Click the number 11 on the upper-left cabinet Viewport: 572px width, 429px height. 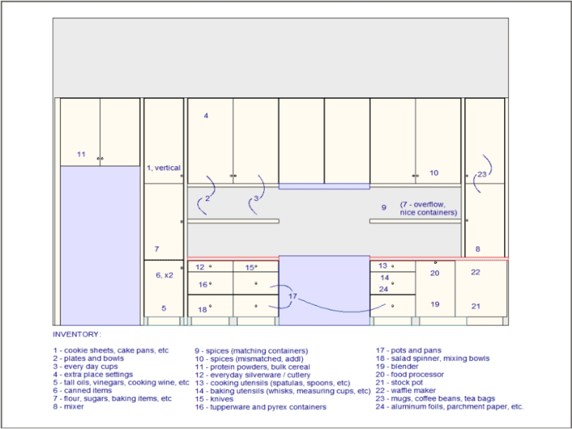click(81, 155)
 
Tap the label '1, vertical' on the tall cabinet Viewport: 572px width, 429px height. click(164, 168)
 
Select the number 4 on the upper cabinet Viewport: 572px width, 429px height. click(206, 116)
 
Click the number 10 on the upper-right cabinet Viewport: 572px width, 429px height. click(434, 173)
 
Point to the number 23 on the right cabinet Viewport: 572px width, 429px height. click(482, 175)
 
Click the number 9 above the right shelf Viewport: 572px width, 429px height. click(384, 208)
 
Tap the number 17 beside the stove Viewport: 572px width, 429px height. click(292, 297)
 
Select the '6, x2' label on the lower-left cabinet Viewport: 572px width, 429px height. click(164, 275)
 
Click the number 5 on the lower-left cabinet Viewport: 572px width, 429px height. click(164, 309)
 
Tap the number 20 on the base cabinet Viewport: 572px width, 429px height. click(435, 273)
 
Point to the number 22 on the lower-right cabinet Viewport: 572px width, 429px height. click(476, 272)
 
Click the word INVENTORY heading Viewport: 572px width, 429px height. click(77, 334)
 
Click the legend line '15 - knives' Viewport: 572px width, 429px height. click(214, 399)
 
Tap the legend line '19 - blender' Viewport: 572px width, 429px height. click(397, 366)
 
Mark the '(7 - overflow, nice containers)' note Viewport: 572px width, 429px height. click(429, 208)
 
